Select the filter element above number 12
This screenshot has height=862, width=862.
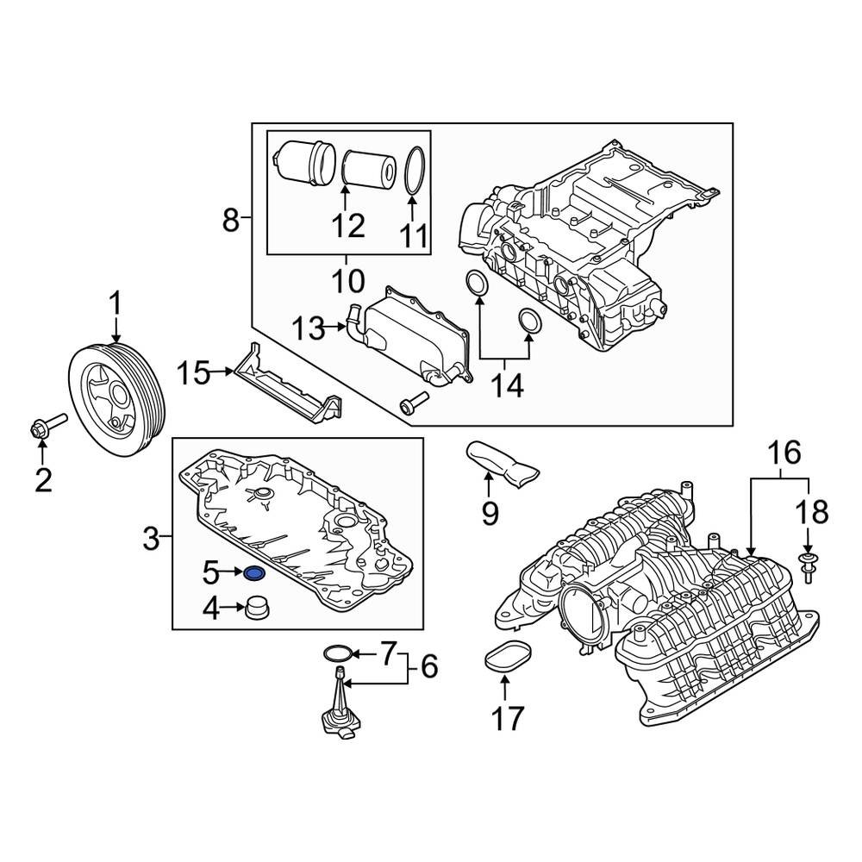[x=368, y=168]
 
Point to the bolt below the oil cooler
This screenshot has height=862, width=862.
[x=414, y=400]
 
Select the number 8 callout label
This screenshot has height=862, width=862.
[x=230, y=221]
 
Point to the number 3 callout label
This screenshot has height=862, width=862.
[x=151, y=540]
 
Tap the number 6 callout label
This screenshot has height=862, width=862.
[x=428, y=665]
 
